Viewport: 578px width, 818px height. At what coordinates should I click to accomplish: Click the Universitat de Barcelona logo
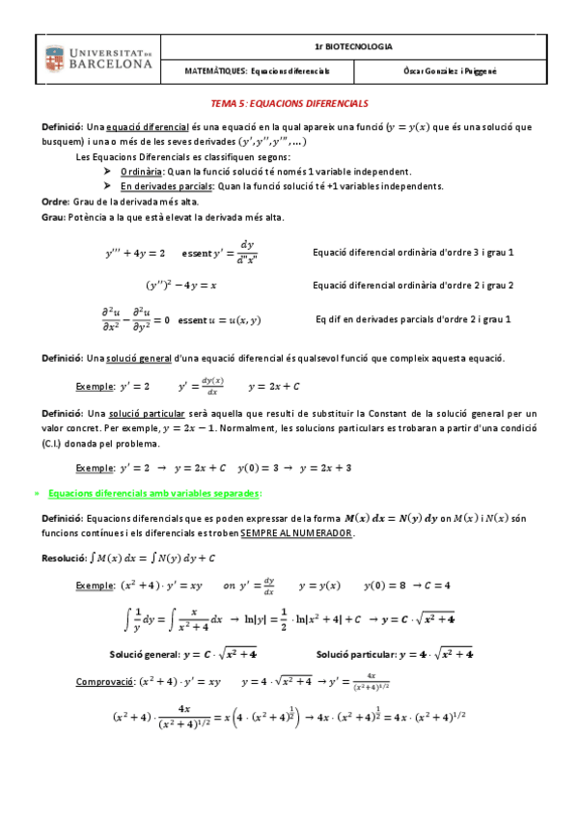[99, 58]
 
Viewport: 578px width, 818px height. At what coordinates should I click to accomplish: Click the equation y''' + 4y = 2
[135, 254]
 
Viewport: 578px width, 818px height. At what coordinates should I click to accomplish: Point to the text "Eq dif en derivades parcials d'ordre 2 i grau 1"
[413, 318]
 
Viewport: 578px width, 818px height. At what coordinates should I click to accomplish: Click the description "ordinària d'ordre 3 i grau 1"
[450, 253]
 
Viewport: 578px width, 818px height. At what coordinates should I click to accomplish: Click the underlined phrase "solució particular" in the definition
[143, 413]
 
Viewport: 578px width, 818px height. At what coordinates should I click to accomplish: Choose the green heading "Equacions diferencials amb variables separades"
[154, 493]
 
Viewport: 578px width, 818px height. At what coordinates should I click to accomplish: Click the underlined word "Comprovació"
[106, 681]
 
